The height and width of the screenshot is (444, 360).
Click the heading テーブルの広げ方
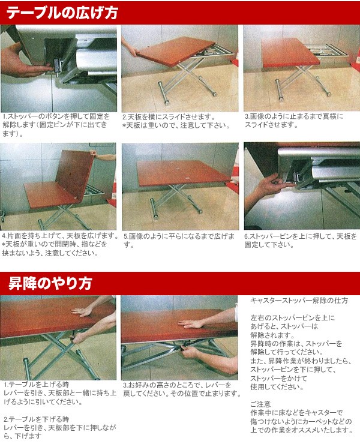pyautogui.click(x=62, y=13)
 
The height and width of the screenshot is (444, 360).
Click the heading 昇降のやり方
pyautogui.click(x=50, y=283)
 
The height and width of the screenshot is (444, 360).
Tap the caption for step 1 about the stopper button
pyautogui.click(x=56, y=125)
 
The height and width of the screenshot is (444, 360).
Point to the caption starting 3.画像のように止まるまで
pyautogui.click(x=294, y=121)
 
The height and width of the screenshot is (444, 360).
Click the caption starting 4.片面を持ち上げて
pyautogui.click(x=60, y=244)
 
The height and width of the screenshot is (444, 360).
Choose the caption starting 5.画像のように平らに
pyautogui.click(x=179, y=240)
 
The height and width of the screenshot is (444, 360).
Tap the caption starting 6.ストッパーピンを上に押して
pyautogui.click(x=301, y=241)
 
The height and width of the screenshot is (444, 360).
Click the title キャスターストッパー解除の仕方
pyautogui.click(x=299, y=301)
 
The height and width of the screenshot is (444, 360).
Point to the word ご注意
pyautogui.click(x=260, y=404)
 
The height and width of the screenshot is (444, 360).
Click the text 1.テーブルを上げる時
pyautogui.click(x=37, y=385)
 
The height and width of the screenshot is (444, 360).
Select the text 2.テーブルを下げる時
pyautogui.click(x=37, y=419)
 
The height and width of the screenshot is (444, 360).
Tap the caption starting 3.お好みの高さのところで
pyautogui.click(x=182, y=389)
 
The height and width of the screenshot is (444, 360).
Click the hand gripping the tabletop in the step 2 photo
pyautogui.click(x=131, y=47)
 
